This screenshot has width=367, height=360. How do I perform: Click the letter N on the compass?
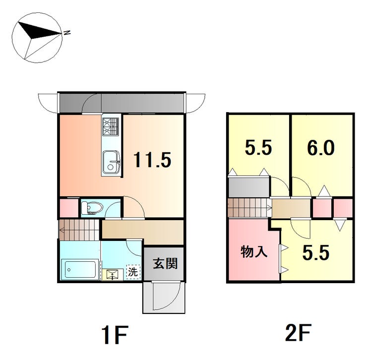[67, 33]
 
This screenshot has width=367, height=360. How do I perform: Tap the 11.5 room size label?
[152, 160]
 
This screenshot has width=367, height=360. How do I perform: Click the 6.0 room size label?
[321, 148]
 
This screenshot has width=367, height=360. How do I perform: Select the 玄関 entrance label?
[165, 264]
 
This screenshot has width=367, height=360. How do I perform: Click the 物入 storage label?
[254, 252]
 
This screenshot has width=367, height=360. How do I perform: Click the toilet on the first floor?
[92, 208]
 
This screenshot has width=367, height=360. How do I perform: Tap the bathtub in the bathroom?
[79, 269]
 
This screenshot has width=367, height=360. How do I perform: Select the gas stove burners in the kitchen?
[111, 126]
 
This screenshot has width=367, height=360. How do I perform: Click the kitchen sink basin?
[111, 162]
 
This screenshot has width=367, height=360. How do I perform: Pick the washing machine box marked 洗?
[133, 272]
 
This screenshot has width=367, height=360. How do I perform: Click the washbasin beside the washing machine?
[113, 274]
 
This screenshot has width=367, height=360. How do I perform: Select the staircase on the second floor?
[249, 208]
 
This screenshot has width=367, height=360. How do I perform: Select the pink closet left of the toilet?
[69, 208]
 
